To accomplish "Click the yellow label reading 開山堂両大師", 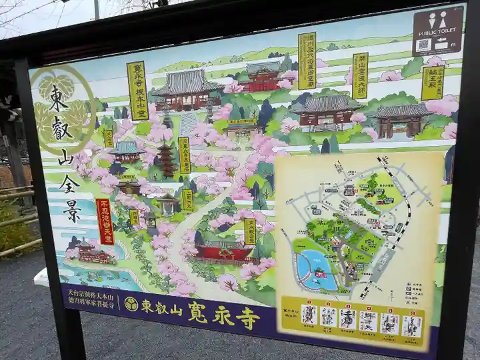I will click(360, 75).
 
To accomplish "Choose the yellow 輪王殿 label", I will click(432, 83).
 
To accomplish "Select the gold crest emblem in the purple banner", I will click(131, 304).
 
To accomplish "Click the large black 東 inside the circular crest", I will click(59, 99).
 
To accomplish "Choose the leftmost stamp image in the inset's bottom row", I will click(309, 314).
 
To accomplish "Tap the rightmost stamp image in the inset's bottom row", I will click(411, 326).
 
